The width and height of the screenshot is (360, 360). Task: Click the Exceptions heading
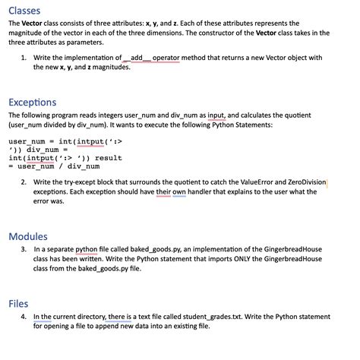[32, 102]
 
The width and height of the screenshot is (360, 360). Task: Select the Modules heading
[28, 236]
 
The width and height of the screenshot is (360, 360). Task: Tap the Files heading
[18, 303]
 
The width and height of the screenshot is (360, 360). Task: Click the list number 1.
[24, 58]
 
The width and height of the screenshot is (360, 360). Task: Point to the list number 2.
[24, 183]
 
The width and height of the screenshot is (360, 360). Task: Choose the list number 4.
[24, 317]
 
